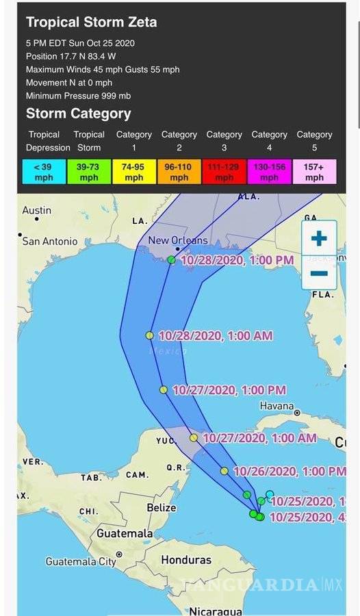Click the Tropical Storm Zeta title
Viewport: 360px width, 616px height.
pos(91,22)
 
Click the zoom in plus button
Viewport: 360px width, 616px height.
pos(319,239)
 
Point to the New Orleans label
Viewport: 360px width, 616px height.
pos(178,240)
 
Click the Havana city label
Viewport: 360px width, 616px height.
pos(278,405)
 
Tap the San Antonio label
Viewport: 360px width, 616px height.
pos(50,241)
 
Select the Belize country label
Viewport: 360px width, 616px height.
pos(161,507)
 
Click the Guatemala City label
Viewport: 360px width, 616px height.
pos(81,561)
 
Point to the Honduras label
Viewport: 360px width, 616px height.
pos(186,560)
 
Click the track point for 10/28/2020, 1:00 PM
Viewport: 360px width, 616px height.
pos(171,260)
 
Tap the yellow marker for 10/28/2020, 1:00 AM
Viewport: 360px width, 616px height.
pos(149,335)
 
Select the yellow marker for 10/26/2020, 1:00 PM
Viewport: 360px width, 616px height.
pos(224,471)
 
